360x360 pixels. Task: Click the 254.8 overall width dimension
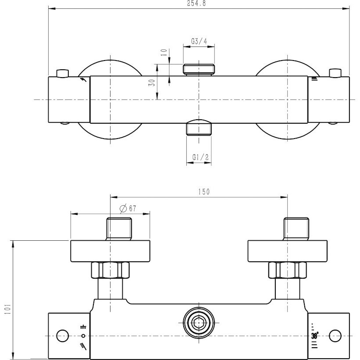tap(196, 3)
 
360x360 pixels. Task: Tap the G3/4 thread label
tap(199, 41)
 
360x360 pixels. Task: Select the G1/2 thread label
tap(200, 157)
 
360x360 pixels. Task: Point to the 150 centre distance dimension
tap(204, 192)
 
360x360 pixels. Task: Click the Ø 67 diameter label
tap(128, 208)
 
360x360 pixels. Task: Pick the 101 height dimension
tap(7, 309)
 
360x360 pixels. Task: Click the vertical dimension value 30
tap(152, 82)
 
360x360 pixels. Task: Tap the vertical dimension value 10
tap(164, 53)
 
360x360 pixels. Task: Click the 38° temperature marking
tap(315, 336)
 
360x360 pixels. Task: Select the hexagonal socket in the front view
tap(199, 323)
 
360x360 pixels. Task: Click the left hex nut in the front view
tap(110, 270)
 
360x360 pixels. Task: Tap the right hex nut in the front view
tap(288, 270)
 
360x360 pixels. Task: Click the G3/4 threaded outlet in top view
tap(199, 70)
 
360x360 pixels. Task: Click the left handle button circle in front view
tap(62, 336)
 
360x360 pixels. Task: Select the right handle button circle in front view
tap(335, 336)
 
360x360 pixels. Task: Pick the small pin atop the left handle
tap(62, 73)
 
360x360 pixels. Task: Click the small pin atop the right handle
tap(335, 73)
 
